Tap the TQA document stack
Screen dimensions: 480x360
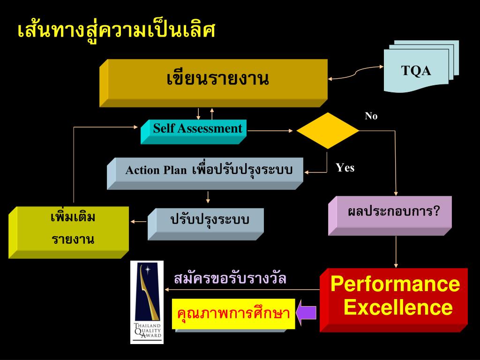[x=417, y=70]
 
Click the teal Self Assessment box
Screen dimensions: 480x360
[x=197, y=129]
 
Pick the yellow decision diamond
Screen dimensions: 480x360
[x=328, y=131]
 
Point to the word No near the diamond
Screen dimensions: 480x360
[x=371, y=116]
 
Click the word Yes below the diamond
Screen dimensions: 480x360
[x=345, y=168]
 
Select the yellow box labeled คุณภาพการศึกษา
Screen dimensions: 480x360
[x=233, y=314]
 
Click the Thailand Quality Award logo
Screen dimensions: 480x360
[x=147, y=302]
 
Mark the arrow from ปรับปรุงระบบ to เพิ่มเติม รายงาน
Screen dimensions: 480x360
[x=139, y=221]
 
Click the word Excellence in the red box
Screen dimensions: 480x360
[x=398, y=308]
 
